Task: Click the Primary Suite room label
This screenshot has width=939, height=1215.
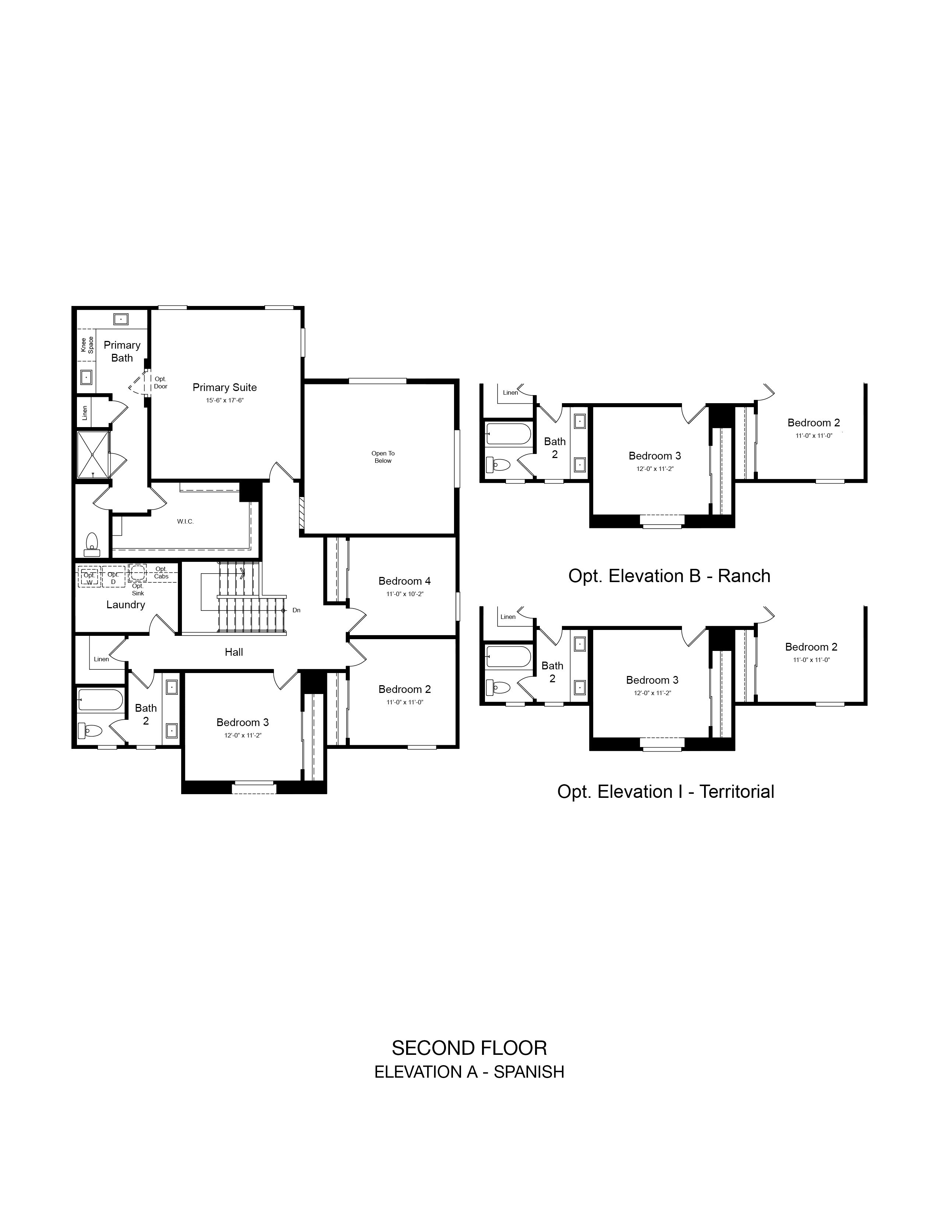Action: (225, 387)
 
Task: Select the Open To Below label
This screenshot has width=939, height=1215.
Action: (383, 457)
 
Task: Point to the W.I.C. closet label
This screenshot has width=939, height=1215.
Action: (185, 521)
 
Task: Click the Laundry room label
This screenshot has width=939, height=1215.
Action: (126, 605)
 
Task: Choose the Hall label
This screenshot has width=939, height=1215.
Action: (233, 652)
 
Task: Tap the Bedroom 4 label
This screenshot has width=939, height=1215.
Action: (404, 581)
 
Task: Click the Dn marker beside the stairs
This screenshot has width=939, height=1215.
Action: (296, 610)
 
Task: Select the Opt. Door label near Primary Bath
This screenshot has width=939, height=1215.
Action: (160, 383)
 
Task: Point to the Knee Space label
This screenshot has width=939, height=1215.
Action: (87, 345)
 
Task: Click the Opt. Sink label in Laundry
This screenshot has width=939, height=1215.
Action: (138, 589)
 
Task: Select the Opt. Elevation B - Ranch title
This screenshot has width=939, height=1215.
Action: (669, 576)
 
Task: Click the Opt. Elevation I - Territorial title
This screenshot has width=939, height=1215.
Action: (666, 792)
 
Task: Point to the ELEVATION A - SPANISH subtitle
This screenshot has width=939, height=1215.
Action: (469, 1072)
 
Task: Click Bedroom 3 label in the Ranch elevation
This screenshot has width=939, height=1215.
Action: (655, 456)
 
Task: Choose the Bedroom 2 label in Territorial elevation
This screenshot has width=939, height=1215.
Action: (811, 647)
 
